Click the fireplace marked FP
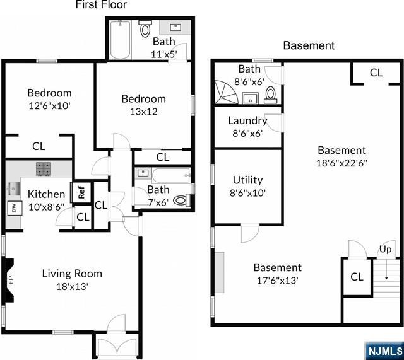click(x=8, y=280)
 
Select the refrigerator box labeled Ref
click(x=81, y=192)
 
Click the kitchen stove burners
click(x=44, y=168)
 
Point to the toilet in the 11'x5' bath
click(x=145, y=28)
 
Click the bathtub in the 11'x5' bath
click(x=121, y=40)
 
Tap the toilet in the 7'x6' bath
click(x=182, y=200)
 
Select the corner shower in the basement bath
click(x=226, y=92)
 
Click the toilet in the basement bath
click(x=271, y=95)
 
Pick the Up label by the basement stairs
click(x=385, y=249)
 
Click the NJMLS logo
click(x=384, y=351)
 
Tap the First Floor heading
click(x=101, y=4)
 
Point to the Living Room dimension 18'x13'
click(x=73, y=286)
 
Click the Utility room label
click(x=248, y=180)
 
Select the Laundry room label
click(x=247, y=120)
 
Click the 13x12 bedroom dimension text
click(x=144, y=112)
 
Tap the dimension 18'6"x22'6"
click(x=342, y=163)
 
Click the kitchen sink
click(x=12, y=189)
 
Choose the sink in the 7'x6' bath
click(x=143, y=173)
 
